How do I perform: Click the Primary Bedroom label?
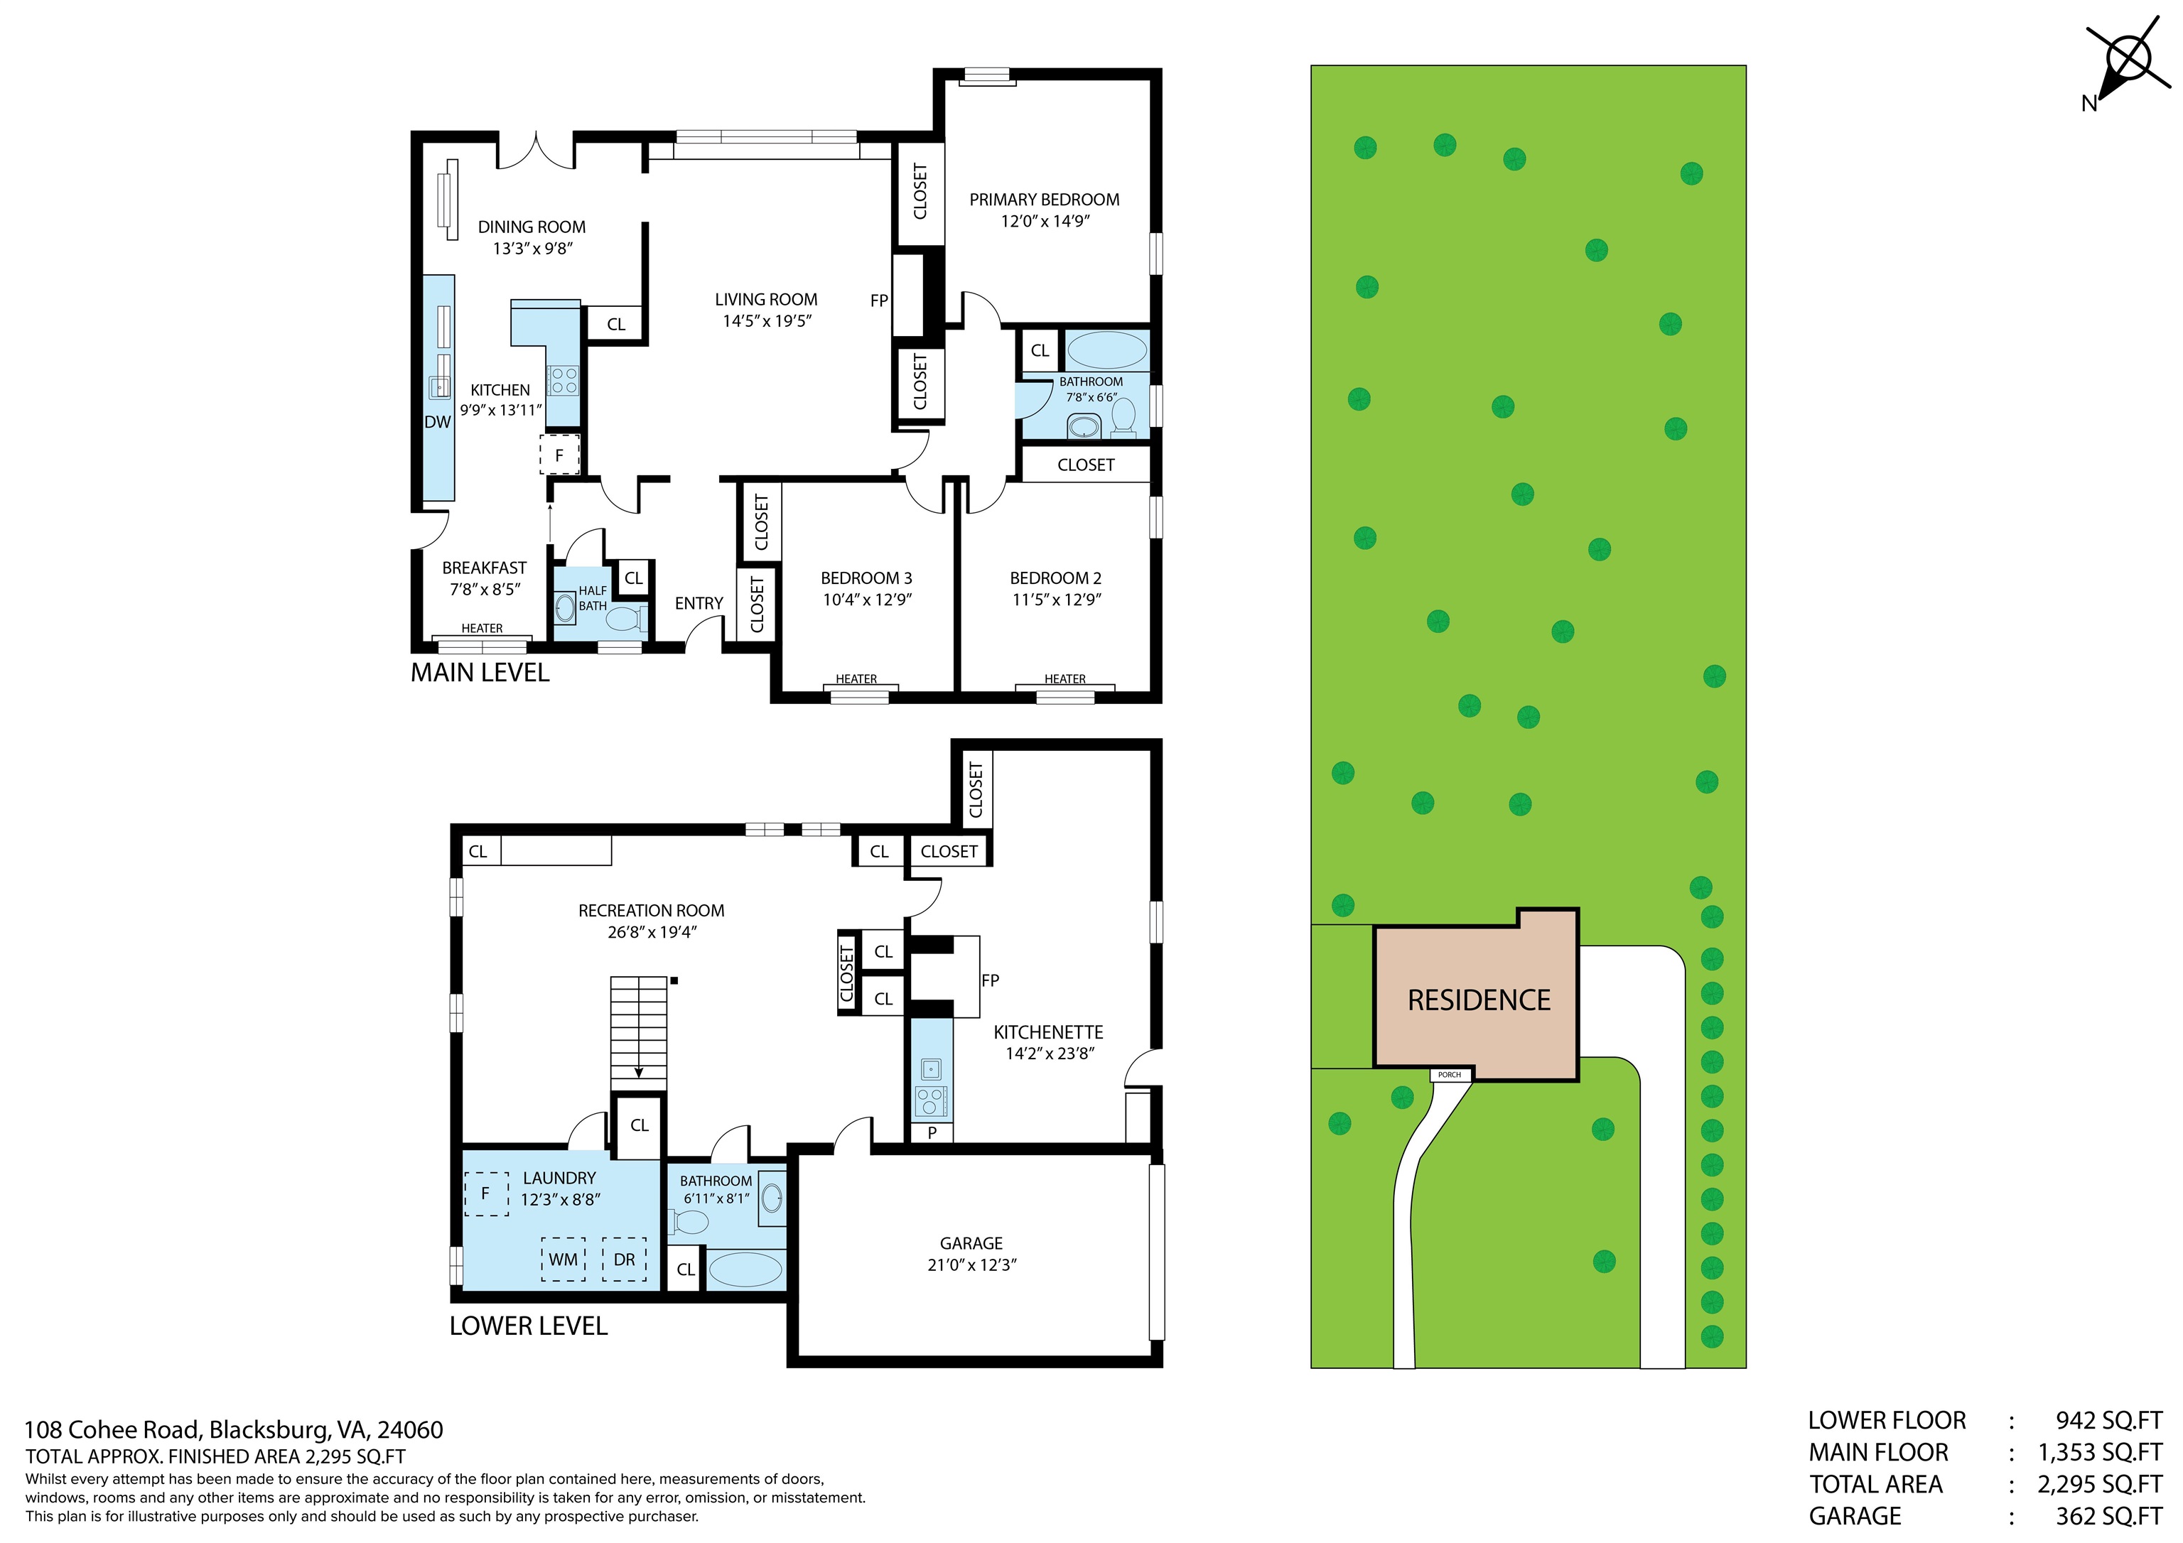click(x=1044, y=200)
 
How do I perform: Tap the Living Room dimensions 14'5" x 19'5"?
click(x=766, y=321)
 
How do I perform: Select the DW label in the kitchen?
click(x=437, y=422)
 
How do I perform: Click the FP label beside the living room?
click(x=878, y=301)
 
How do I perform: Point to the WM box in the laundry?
click(x=563, y=1259)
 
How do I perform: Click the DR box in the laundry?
click(x=625, y=1259)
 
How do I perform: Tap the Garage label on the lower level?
click(x=971, y=1242)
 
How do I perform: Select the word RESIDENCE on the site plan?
click(x=1479, y=1000)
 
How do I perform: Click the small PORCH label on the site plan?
click(x=1449, y=1074)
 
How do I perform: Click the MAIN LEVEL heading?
click(x=480, y=673)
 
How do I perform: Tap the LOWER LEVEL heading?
click(x=528, y=1326)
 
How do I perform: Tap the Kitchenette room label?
click(x=1047, y=1032)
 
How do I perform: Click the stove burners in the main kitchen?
click(x=564, y=380)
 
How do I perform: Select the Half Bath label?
click(x=593, y=598)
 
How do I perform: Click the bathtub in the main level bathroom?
click(x=1106, y=350)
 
